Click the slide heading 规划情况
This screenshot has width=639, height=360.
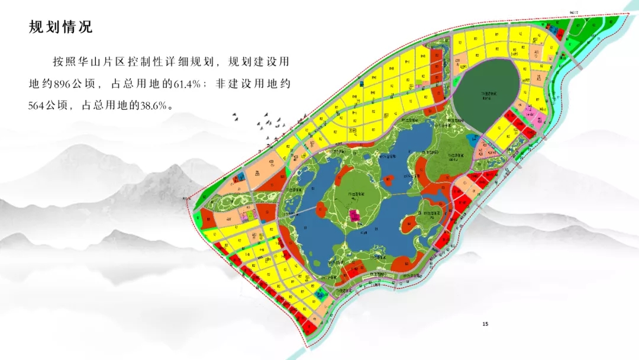[61, 27]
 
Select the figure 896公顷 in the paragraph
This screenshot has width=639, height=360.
[74, 83]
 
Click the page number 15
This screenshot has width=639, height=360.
[486, 324]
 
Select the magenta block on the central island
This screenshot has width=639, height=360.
[356, 216]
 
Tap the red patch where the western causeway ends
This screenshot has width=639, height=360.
[321, 209]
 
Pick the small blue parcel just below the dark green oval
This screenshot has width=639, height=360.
[473, 139]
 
